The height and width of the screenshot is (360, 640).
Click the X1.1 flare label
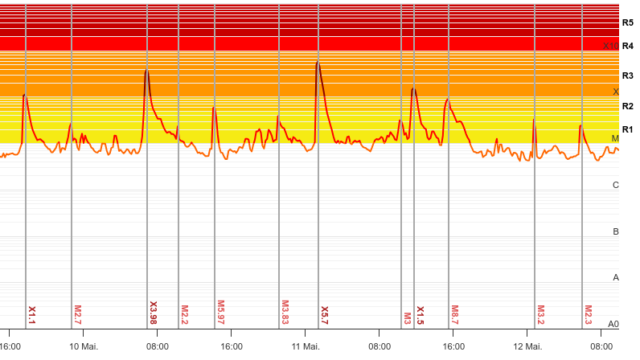(x=32, y=315)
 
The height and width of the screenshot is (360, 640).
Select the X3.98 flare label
(x=154, y=313)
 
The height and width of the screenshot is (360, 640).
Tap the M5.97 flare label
(x=220, y=313)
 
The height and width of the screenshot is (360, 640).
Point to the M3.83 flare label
(x=285, y=313)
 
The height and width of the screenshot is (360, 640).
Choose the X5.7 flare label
(x=324, y=315)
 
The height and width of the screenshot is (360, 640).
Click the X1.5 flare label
(x=420, y=315)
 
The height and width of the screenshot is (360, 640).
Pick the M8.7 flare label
(x=454, y=315)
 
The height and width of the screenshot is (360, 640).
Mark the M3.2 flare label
(x=540, y=315)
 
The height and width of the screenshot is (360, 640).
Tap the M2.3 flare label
(x=588, y=315)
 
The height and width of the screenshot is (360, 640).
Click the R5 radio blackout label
(x=627, y=22)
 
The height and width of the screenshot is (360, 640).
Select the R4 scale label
(x=627, y=46)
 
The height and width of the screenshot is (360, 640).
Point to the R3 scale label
(x=627, y=76)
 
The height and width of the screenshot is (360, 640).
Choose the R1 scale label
(x=627, y=129)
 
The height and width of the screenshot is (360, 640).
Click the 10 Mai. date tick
(x=84, y=346)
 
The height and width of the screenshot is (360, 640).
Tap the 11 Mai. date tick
(x=306, y=346)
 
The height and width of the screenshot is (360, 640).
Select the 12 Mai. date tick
(x=527, y=346)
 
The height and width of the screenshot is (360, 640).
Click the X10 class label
(x=611, y=46)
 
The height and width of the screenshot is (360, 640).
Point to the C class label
(x=616, y=185)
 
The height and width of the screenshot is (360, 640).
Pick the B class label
(x=616, y=231)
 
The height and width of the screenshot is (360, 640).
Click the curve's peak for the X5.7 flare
(x=318, y=62)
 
